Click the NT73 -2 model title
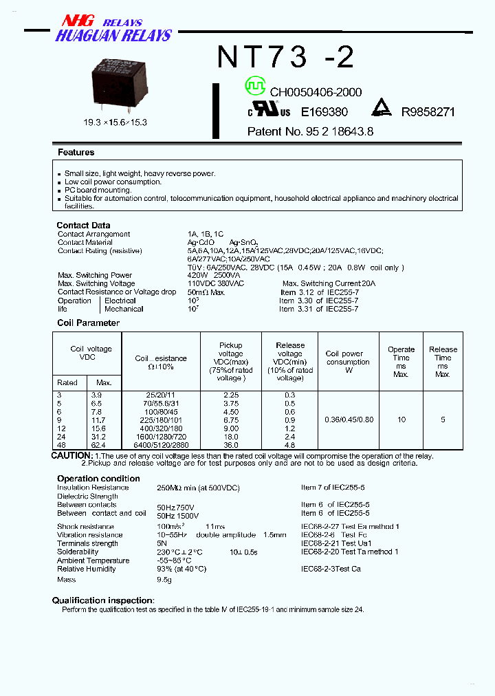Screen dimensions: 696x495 click(285, 57)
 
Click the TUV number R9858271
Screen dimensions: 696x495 click(428, 111)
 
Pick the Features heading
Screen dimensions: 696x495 click(76, 152)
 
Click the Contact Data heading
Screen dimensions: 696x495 click(83, 225)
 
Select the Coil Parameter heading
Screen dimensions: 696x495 click(88, 323)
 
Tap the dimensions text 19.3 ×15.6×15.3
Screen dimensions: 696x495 click(115, 122)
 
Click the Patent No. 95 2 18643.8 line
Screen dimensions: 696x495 click(310, 131)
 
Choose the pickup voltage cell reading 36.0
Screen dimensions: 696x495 click(230, 444)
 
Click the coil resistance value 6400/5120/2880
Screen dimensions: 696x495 click(161, 444)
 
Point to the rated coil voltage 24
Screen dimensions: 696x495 click(62, 436)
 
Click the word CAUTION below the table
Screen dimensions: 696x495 click(71, 455)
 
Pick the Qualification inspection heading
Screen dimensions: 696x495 click(102, 600)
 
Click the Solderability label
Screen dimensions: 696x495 click(78, 552)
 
